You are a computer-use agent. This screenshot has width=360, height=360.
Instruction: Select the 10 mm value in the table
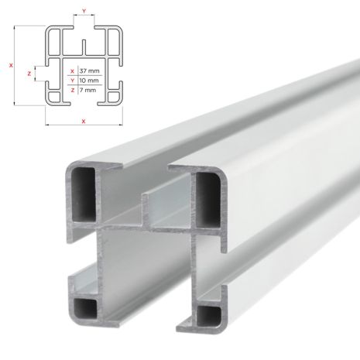[89, 80]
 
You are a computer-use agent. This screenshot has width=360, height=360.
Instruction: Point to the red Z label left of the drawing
[29, 74]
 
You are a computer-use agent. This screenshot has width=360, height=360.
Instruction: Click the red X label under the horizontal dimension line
[84, 122]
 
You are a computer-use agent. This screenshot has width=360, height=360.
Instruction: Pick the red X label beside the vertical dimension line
[11, 65]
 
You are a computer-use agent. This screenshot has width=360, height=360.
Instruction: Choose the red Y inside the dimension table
[72, 80]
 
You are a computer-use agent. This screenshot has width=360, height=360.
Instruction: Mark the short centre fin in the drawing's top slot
[84, 46]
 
